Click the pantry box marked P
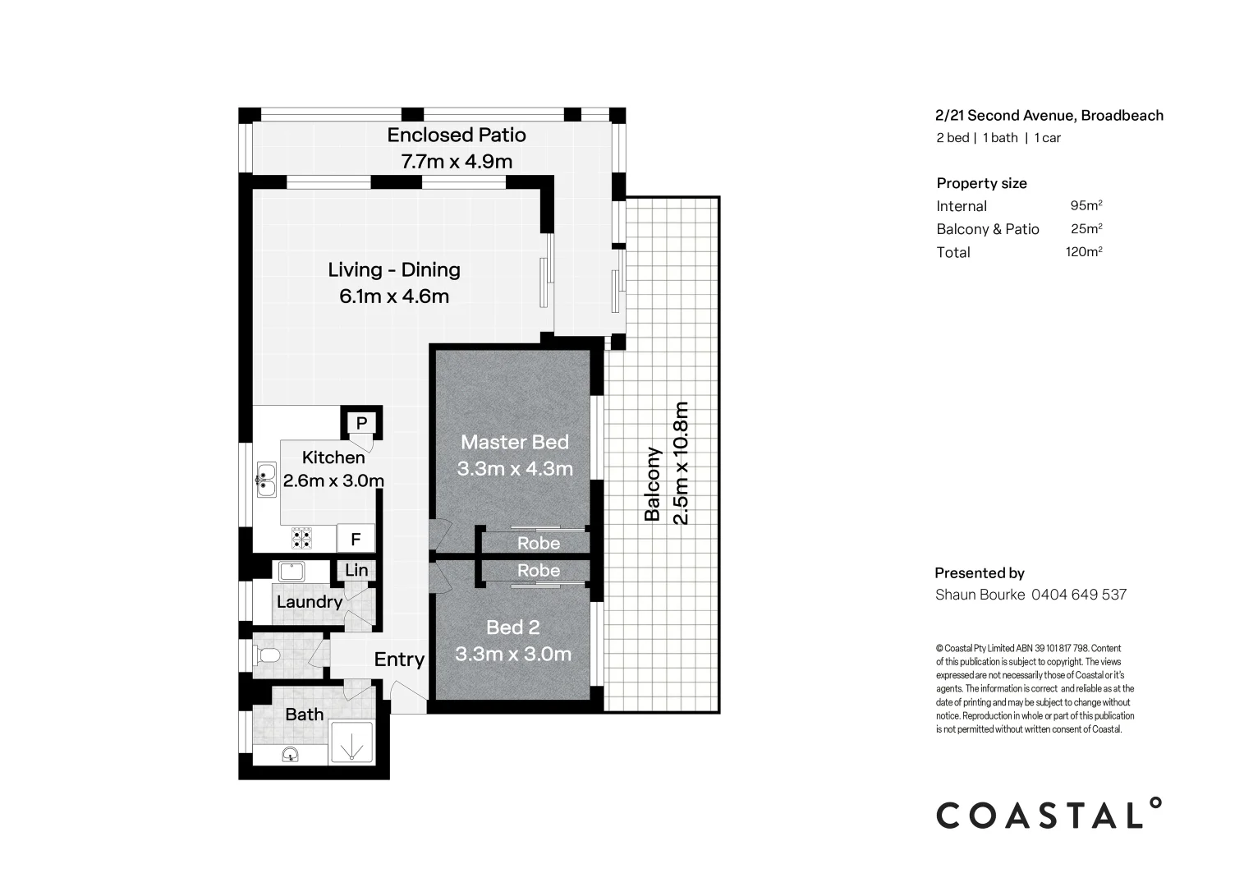click(x=361, y=424)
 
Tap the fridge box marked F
click(x=356, y=540)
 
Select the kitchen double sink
click(x=265, y=480)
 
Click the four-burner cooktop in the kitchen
click(x=302, y=538)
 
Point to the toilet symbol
click(x=268, y=655)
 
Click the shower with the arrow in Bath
click(x=351, y=743)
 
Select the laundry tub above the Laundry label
click(x=291, y=571)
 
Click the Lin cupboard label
click(x=356, y=570)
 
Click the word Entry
click(x=399, y=660)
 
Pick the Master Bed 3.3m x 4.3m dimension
click(x=515, y=470)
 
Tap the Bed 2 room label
click(x=513, y=627)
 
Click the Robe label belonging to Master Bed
click(x=539, y=544)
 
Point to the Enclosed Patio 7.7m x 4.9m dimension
click(x=457, y=162)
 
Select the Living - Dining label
click(x=394, y=269)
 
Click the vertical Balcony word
click(x=653, y=485)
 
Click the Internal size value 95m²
click(x=1086, y=206)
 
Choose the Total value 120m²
click(x=1083, y=252)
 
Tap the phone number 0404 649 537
click(x=1079, y=595)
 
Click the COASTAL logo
click(x=1049, y=814)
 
